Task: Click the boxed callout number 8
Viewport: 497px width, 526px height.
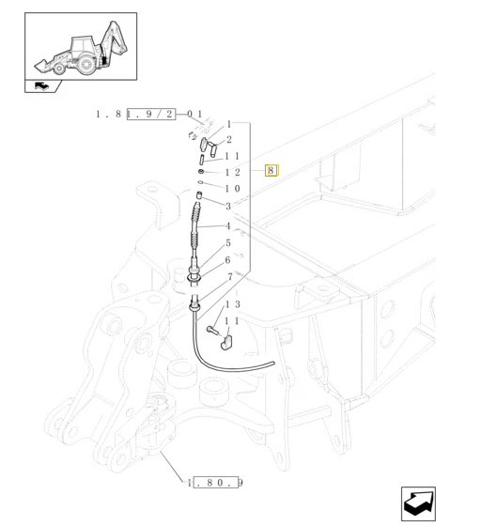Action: coord(272,170)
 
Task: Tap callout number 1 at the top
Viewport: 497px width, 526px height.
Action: coord(229,124)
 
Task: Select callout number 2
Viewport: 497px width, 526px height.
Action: coord(229,140)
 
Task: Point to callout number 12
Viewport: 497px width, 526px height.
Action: coord(233,173)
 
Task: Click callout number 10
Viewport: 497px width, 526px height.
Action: coord(233,189)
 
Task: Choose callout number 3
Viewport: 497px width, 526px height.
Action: coord(228,206)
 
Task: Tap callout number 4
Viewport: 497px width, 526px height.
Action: coord(228,225)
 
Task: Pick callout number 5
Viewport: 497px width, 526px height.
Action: coord(228,243)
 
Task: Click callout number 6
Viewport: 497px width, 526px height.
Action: coord(228,260)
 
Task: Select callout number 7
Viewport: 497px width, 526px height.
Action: coord(230,277)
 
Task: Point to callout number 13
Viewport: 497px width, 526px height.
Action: coord(233,304)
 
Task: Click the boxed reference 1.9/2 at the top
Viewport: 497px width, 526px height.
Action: coord(151,114)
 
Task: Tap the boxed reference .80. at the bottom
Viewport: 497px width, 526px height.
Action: coord(216,483)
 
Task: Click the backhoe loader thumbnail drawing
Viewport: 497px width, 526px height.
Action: coord(81,49)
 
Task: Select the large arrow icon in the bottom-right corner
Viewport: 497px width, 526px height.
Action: coord(418,503)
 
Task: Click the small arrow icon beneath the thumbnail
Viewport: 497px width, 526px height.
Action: coord(41,86)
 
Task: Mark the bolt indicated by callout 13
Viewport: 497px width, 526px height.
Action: coord(212,331)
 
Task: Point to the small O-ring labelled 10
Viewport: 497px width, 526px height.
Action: coord(200,182)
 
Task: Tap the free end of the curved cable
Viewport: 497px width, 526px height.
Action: coord(273,363)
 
